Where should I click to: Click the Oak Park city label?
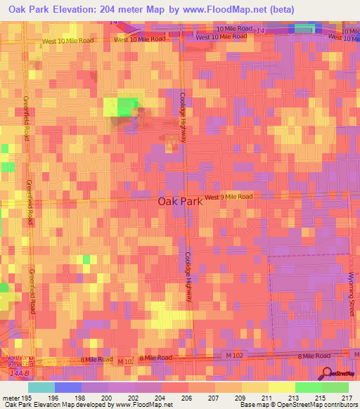[179, 200]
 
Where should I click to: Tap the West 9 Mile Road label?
[229, 197]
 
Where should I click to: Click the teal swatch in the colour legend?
[41, 387]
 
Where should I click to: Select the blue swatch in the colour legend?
[67, 387]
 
